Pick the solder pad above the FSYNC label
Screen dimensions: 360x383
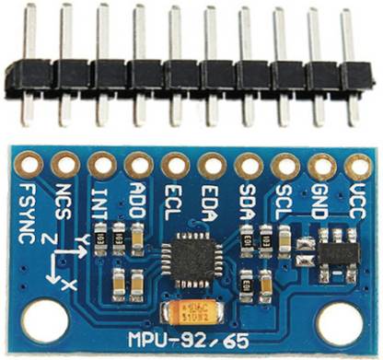29,166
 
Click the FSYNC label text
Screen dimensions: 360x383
27,210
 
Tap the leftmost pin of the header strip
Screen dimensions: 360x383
29,64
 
